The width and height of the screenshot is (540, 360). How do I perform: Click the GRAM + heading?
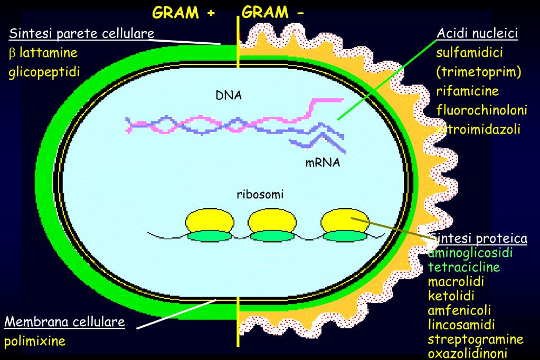184,13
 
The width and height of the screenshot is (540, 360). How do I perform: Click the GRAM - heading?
273,13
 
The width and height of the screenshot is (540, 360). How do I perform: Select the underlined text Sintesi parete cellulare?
81,34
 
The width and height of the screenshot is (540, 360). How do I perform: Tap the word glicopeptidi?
44,72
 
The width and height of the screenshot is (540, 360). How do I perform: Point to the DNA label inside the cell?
228,96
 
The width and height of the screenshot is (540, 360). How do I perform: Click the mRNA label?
323,163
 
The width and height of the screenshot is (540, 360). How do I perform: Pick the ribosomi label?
260,194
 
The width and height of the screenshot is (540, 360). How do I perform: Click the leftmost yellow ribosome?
210,221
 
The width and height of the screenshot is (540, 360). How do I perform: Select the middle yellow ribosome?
273,221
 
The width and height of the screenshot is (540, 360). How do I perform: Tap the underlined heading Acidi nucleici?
477,34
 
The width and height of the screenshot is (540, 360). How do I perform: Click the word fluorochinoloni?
481,110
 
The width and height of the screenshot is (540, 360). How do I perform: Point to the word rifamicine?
467,91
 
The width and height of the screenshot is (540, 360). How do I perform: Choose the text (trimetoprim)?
478,72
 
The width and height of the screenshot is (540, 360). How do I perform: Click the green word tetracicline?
464,267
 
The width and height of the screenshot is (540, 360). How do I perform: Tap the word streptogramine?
476,338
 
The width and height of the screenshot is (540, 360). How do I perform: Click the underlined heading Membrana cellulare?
64,321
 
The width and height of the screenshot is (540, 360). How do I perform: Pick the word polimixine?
35,341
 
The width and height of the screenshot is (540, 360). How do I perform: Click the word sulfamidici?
469,53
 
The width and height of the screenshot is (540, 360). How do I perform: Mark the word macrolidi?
456,281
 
